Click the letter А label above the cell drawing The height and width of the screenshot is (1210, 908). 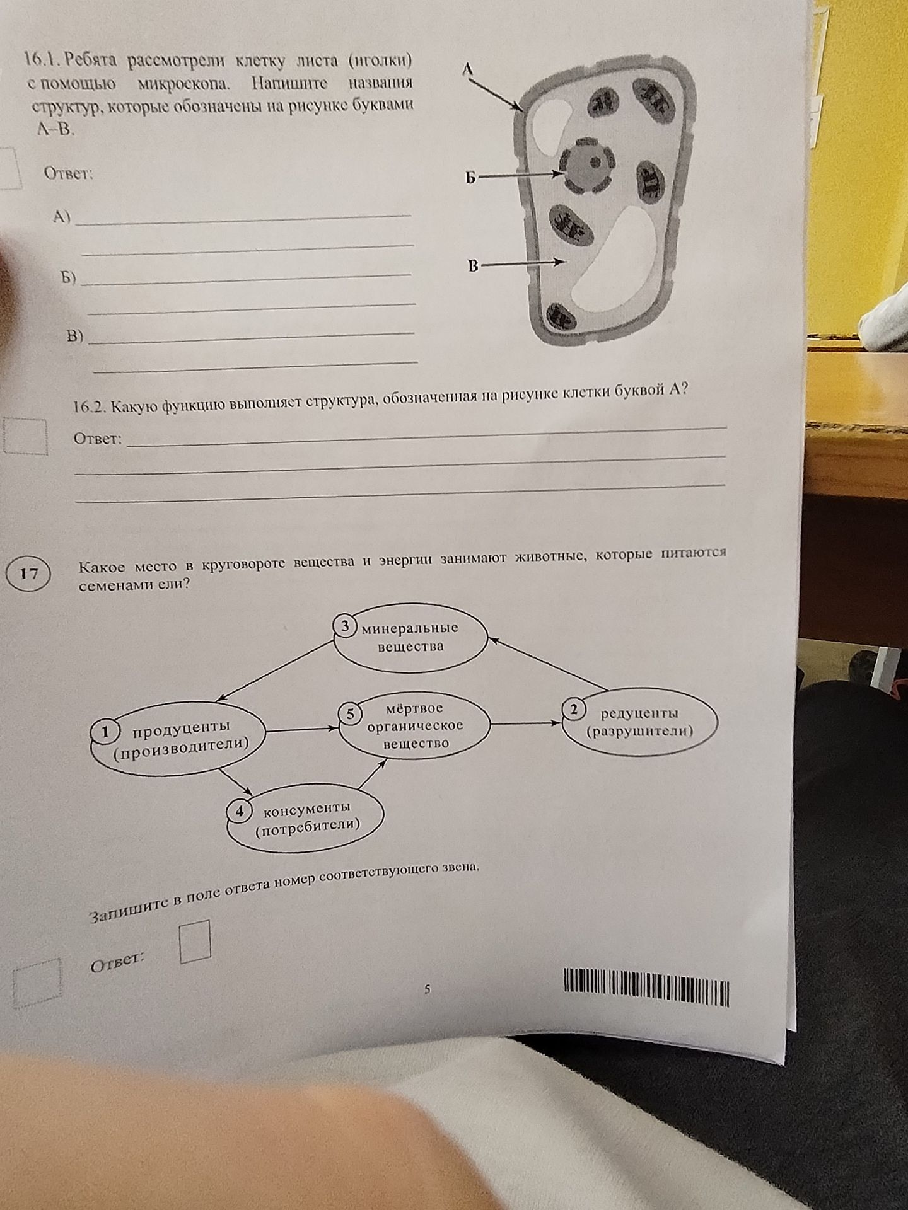click(x=468, y=69)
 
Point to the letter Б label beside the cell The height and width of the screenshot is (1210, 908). click(x=470, y=178)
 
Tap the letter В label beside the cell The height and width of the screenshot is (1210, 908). click(x=473, y=267)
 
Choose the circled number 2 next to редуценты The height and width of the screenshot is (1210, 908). click(x=573, y=709)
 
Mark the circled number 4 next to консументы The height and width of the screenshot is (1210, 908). click(x=240, y=811)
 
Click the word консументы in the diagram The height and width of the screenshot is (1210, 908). click(x=307, y=808)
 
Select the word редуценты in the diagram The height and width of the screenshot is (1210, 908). click(x=639, y=713)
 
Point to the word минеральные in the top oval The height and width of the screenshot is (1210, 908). click(x=410, y=628)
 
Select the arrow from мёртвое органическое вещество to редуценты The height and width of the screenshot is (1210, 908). click(x=525, y=723)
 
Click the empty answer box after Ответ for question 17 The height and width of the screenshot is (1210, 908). click(x=195, y=942)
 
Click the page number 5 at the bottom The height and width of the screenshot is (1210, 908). click(x=428, y=989)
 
